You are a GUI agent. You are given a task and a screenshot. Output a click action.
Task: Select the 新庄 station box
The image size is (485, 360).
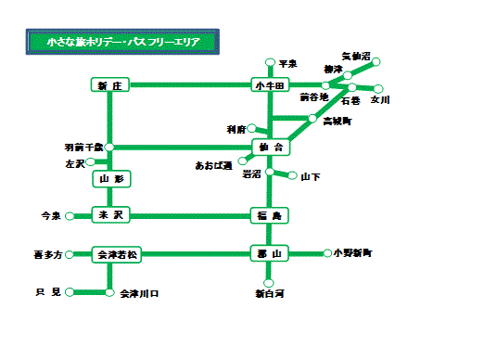coord(109,85)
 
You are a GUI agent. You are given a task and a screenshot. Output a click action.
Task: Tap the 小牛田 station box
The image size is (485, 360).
coord(270,85)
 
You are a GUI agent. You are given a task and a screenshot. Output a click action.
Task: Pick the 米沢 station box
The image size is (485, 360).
coord(109,215)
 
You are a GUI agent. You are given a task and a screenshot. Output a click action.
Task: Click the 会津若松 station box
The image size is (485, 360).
coord(115,253)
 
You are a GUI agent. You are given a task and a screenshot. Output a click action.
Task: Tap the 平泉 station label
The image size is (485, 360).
coord(287,63)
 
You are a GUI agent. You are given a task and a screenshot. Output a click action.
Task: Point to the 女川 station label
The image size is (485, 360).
coord(380,99)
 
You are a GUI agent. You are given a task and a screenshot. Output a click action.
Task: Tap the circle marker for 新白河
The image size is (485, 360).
coord(269,282)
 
